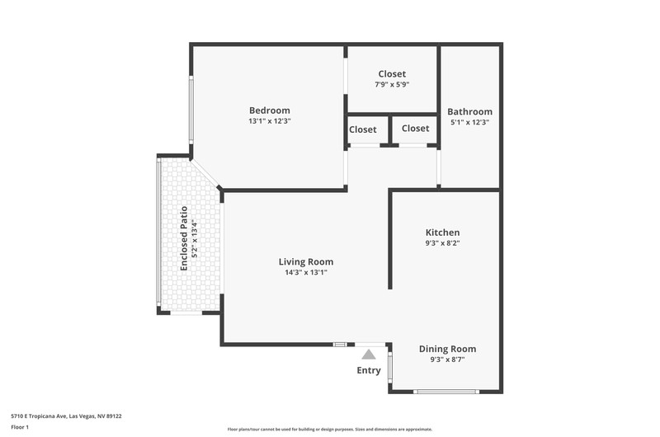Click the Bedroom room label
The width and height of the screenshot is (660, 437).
point(270,110)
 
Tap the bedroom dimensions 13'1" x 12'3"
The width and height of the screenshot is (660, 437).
point(270,121)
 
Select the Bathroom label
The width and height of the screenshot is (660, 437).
point(469,112)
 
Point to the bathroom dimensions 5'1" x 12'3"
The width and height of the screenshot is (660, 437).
point(469,122)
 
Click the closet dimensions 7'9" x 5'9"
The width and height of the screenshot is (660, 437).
point(392,85)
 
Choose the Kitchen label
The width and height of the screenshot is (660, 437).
point(442,233)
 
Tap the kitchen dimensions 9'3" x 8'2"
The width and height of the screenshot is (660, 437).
point(442,243)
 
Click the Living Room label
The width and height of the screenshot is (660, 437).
point(306,262)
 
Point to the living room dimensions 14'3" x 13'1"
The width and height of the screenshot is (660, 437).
point(306,273)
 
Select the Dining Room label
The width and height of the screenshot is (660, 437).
point(447,349)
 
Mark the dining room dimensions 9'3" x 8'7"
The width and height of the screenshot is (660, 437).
point(447,359)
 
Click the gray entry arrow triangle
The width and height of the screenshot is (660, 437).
point(369,355)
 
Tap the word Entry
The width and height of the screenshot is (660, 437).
point(369,370)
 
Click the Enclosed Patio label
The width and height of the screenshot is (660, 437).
point(184,238)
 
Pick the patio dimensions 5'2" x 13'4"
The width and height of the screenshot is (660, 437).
point(195,238)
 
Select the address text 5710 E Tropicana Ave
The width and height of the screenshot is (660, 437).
point(39,416)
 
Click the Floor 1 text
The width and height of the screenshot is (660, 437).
point(20,427)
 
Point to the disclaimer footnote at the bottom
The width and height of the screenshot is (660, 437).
point(329,430)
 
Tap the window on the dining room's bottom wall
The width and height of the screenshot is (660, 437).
point(446,392)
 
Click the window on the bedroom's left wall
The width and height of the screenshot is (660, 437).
point(191,110)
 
